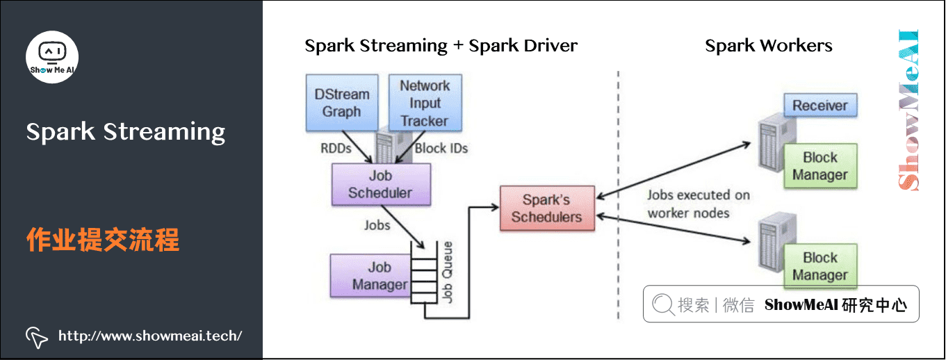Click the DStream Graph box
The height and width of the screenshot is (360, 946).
342,103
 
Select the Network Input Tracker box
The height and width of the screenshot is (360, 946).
424,103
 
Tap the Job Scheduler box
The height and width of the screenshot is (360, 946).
380,184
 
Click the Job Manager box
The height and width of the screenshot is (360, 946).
379,276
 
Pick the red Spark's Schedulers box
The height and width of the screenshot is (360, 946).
546,208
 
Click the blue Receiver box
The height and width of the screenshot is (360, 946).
820,106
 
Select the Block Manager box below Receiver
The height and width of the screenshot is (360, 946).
820,167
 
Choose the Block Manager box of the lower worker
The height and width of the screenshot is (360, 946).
820,266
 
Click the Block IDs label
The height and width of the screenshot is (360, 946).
441,148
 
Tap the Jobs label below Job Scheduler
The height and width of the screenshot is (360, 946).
377,225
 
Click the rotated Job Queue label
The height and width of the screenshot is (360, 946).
448,271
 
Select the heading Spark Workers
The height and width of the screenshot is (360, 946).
768,46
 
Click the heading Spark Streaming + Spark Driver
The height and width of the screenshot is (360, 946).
441,46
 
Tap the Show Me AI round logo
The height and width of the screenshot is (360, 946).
52,56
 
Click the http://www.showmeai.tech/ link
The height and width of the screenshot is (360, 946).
150,336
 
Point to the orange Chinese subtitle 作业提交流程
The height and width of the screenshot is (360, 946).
103,240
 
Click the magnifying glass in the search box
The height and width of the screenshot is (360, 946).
663,304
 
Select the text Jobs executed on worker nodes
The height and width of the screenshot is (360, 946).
698,204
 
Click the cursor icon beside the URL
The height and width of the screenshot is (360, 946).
36,336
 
